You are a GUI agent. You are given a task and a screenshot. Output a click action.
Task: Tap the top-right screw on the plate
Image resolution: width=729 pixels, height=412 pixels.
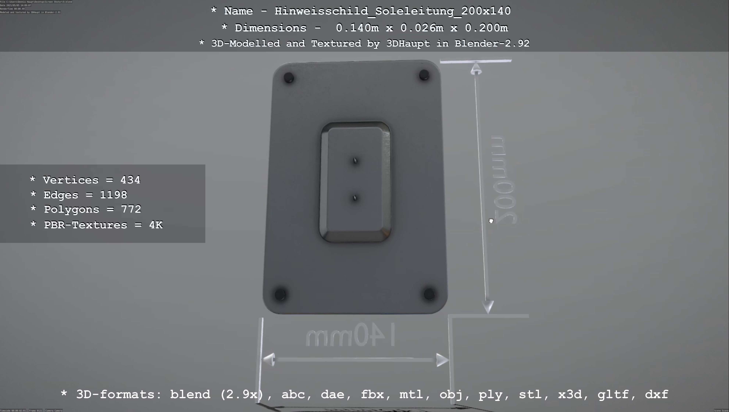[x=424, y=75]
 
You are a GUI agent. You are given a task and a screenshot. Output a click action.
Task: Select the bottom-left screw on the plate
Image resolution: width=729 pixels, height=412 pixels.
[x=280, y=294]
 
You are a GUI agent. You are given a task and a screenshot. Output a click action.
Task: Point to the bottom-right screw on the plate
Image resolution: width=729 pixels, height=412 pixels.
[x=429, y=294]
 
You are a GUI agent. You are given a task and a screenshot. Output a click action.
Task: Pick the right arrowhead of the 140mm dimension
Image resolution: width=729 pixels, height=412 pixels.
[x=442, y=360]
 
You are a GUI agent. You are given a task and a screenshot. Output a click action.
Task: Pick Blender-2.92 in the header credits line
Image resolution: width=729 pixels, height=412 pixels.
[x=492, y=43]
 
